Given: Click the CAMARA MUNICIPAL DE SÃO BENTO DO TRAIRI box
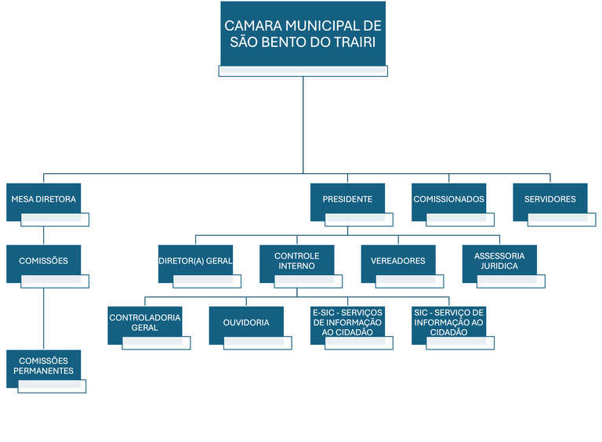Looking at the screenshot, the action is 303,34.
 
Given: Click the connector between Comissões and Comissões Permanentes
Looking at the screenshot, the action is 43,319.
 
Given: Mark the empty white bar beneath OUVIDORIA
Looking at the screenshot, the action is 258,343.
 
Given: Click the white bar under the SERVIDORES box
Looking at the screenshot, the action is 562,220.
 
